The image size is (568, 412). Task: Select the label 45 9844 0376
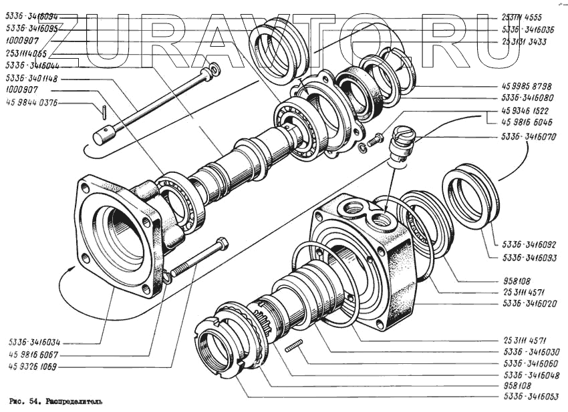point(31,102)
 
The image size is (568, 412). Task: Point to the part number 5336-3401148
point(31,78)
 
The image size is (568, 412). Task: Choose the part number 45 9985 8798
point(529,87)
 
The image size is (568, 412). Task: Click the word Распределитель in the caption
point(74,403)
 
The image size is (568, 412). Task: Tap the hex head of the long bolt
point(222,244)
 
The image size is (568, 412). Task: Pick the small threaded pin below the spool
point(295,345)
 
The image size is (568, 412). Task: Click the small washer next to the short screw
point(362,146)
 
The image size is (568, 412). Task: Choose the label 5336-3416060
point(529,363)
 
